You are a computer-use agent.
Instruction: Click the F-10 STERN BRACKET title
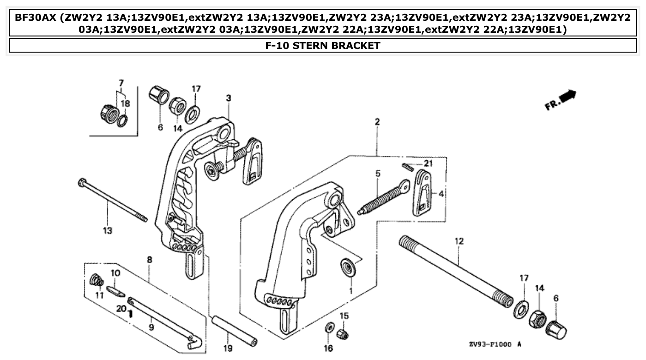323,45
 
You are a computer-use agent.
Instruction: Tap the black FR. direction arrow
568,96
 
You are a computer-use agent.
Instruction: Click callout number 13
107,230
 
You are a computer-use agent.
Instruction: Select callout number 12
459,241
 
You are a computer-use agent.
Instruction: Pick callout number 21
429,164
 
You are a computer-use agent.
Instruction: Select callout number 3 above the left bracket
228,98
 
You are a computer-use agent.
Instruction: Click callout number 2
377,122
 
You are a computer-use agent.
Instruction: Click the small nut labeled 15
342,333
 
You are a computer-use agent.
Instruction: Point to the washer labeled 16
329,327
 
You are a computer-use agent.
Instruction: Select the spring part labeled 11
97,280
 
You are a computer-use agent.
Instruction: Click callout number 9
152,328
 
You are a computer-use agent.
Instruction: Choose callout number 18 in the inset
125,104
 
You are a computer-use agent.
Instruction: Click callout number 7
121,83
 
